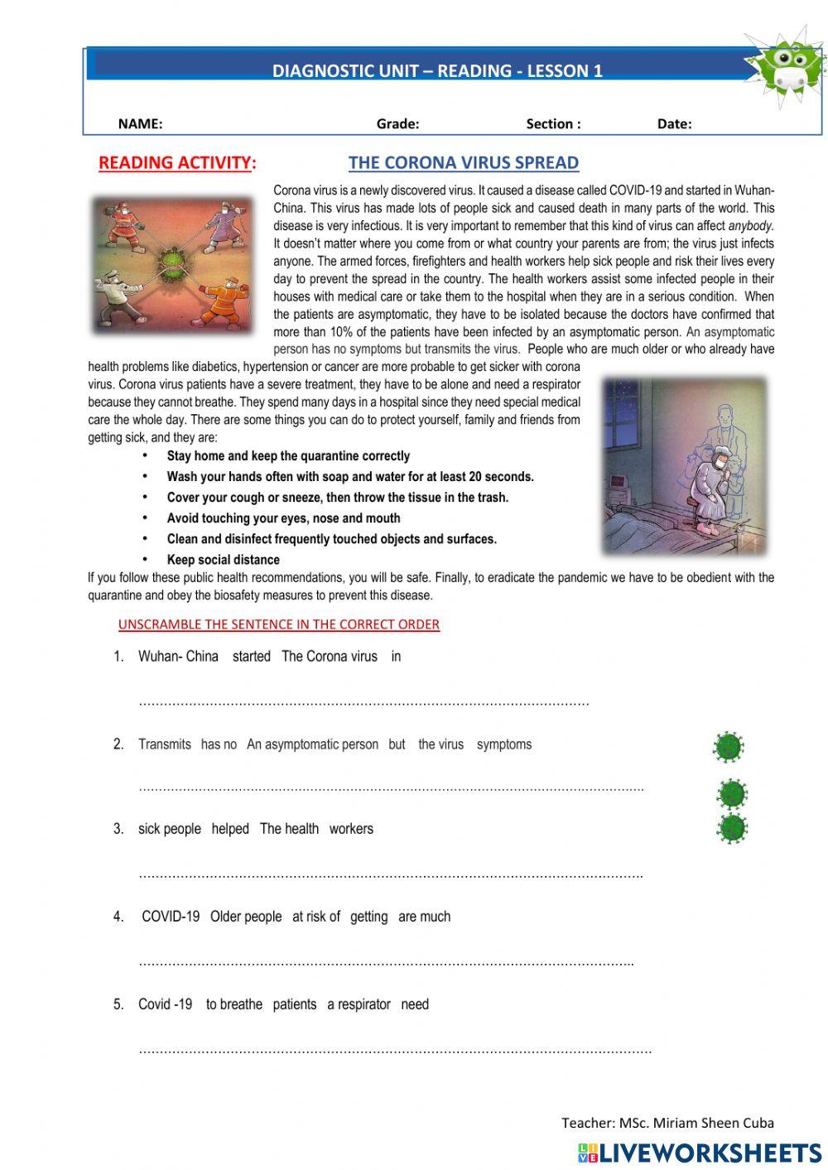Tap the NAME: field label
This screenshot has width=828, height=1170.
pyautogui.click(x=140, y=124)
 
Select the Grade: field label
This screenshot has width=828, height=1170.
pyautogui.click(x=397, y=124)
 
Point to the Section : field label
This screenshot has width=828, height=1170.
pyautogui.click(x=553, y=124)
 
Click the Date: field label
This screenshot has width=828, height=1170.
pyautogui.click(x=674, y=124)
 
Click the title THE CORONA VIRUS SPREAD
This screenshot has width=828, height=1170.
pyautogui.click(x=463, y=162)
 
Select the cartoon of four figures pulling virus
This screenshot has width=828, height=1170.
pyautogui.click(x=173, y=264)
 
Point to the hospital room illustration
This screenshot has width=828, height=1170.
pyautogui.click(x=685, y=466)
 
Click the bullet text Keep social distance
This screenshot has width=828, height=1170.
pyautogui.click(x=223, y=560)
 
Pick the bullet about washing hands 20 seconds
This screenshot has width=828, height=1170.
pyautogui.click(x=350, y=477)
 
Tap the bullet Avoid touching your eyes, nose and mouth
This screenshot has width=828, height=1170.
pyautogui.click(x=283, y=518)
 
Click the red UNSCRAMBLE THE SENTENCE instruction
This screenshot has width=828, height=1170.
pyautogui.click(x=278, y=624)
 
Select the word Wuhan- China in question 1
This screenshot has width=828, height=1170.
pyautogui.click(x=178, y=657)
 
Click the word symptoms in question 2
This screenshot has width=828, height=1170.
pyautogui.click(x=503, y=744)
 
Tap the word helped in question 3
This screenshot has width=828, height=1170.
pyautogui.click(x=230, y=829)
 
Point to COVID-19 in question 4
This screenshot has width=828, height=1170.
pyautogui.click(x=171, y=917)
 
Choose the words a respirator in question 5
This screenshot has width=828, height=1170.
pyautogui.click(x=359, y=1004)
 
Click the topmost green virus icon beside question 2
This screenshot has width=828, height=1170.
pyautogui.click(x=729, y=747)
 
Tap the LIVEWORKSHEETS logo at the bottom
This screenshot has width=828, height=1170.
pyautogui.click(x=700, y=1153)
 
